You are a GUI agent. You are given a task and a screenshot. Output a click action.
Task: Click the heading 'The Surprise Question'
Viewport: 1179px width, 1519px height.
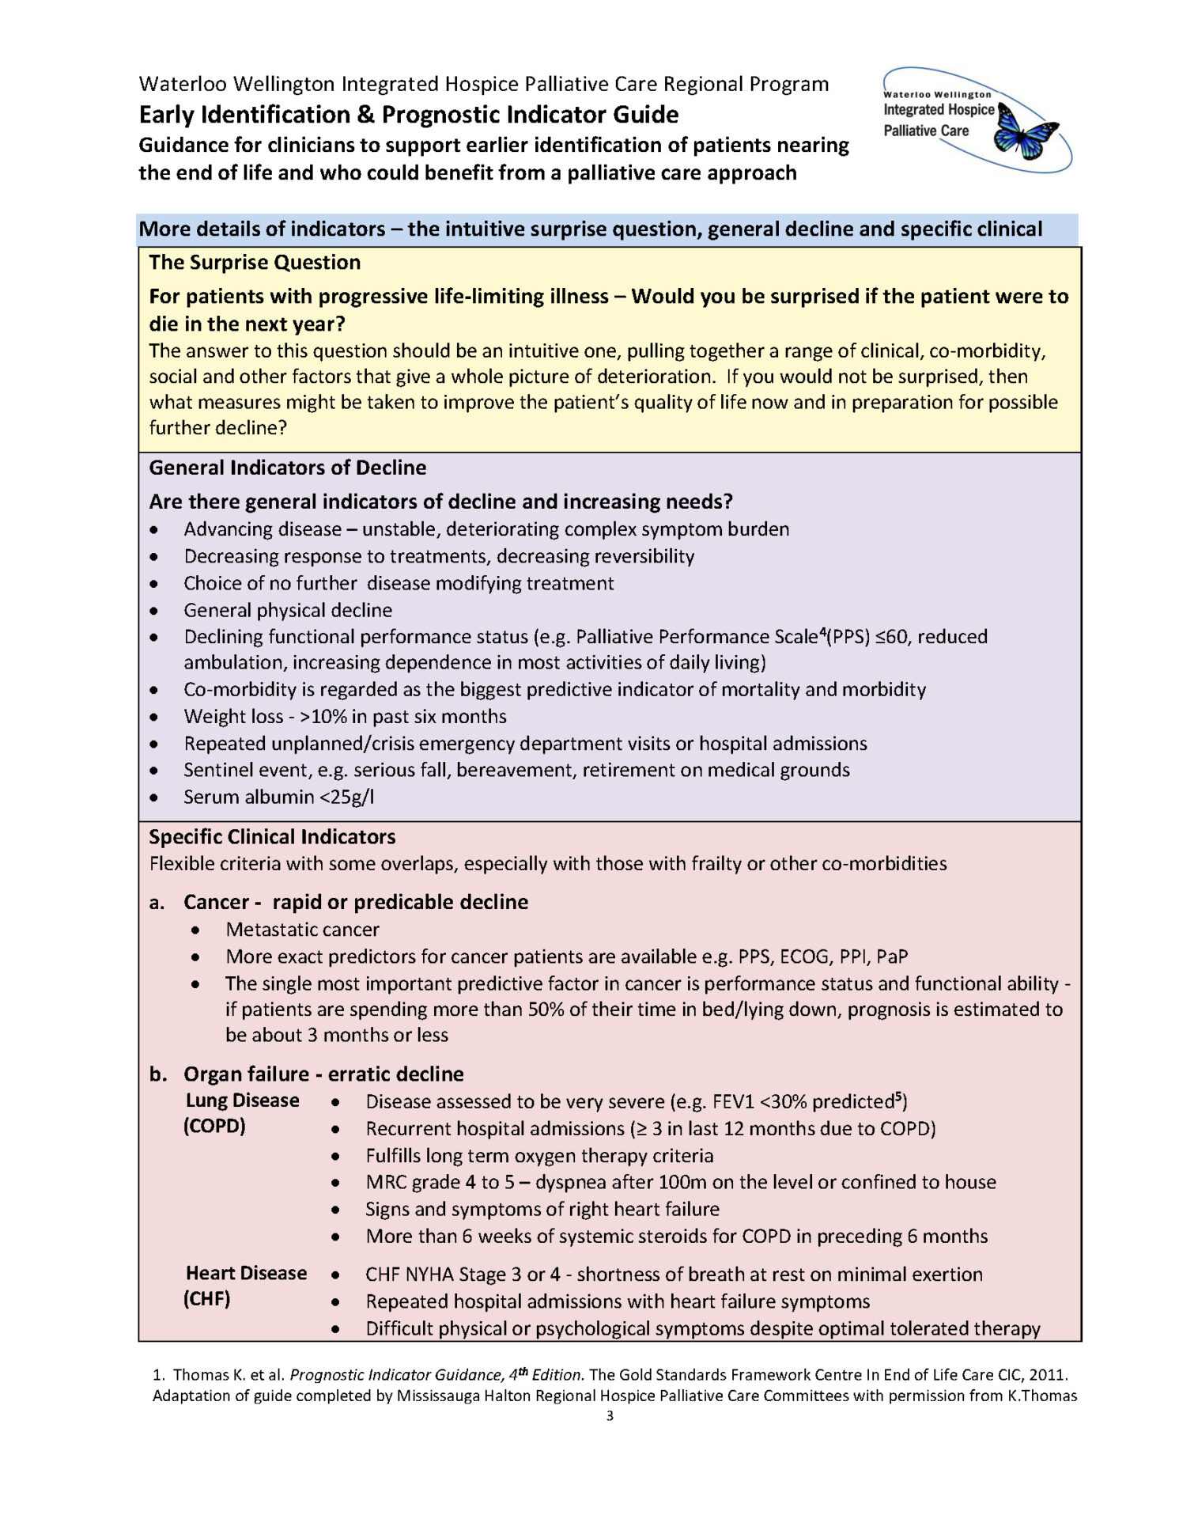255,262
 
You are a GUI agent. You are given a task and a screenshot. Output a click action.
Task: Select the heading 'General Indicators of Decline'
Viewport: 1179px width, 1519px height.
287,468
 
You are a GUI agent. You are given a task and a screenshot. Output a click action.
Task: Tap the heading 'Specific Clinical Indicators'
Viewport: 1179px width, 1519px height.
272,836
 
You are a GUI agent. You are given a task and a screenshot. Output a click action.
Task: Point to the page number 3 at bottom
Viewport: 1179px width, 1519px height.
610,1415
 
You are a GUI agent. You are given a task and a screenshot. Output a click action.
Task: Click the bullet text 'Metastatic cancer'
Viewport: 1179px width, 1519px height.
302,930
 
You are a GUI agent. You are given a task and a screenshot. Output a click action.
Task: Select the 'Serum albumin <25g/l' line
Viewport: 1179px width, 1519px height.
278,797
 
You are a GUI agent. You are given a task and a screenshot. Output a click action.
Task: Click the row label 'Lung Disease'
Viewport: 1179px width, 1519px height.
242,1100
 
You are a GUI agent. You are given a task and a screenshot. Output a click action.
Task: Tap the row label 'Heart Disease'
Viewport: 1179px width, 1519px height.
246,1273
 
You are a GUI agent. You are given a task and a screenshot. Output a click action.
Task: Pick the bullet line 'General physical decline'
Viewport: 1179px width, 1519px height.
288,610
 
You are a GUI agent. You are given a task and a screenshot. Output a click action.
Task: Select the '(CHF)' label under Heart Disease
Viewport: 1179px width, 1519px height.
207,1298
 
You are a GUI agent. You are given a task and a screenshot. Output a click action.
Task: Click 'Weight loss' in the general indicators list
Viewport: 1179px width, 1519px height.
233,716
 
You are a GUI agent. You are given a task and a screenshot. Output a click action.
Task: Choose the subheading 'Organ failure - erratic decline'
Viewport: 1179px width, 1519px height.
323,1074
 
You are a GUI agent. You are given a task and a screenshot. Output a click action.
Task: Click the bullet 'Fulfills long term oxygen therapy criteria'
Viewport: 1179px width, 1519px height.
539,1156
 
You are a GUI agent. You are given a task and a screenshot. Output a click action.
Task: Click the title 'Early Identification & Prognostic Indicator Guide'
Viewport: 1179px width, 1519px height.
408,115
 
